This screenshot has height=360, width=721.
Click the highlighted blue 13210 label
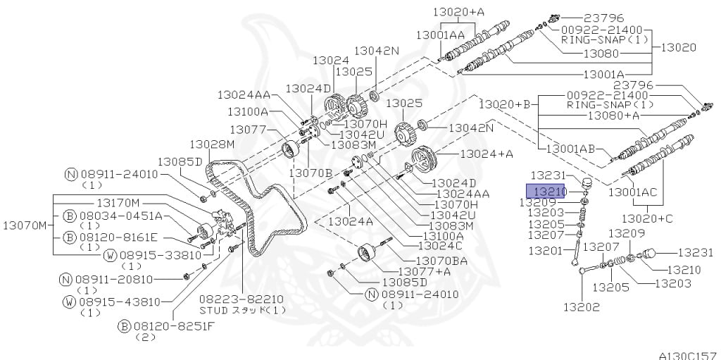point(546,191)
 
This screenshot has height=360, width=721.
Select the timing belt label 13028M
point(212,144)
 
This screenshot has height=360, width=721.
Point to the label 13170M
point(119,203)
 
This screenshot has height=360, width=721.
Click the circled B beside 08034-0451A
point(70,216)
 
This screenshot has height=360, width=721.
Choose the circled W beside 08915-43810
point(70,302)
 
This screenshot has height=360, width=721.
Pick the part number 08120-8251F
point(175,327)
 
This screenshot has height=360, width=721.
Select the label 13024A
point(351,221)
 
